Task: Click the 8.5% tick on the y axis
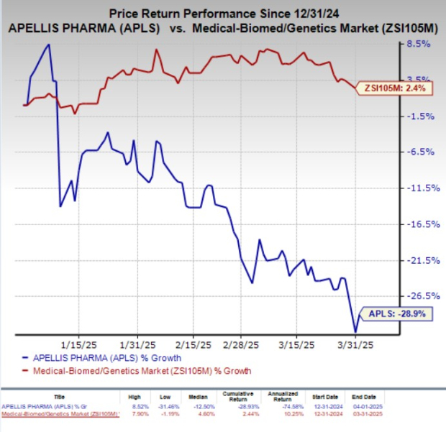419,44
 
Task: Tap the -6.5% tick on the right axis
419,152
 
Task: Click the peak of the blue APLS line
48,45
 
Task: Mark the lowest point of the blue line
355,331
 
